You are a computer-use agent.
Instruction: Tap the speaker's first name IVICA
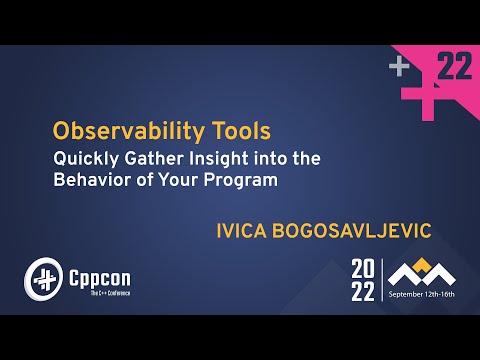245,230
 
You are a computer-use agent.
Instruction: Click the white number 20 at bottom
363,268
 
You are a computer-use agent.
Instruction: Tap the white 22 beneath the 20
363,292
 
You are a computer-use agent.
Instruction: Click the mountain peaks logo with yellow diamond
422,269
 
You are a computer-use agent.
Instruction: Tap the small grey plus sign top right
400,67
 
